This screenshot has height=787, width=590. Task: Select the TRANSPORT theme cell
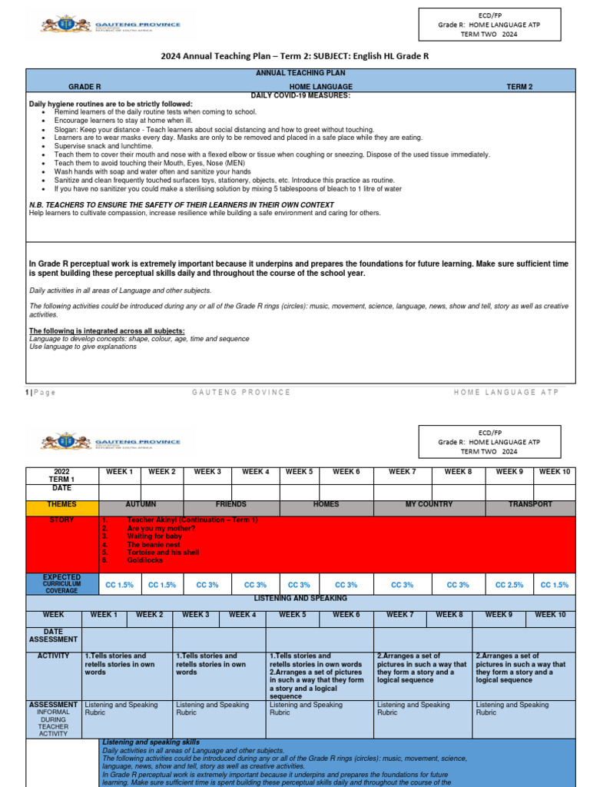(529, 505)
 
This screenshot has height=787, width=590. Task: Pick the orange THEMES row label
(62, 505)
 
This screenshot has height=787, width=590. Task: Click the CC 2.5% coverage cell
(510, 585)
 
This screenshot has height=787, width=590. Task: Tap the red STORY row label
(62, 520)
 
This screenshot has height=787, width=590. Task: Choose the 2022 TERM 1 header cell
(62, 476)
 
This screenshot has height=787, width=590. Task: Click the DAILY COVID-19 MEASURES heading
(300, 95)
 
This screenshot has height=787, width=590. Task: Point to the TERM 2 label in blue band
(519, 88)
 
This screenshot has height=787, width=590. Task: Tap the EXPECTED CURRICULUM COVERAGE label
(62, 583)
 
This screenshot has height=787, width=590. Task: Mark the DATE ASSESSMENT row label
(53, 636)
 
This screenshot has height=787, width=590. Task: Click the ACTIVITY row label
(53, 656)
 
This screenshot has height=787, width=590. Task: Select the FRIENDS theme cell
(231, 505)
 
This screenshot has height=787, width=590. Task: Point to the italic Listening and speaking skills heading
(151, 742)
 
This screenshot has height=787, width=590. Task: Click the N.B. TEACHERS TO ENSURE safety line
(181, 205)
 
